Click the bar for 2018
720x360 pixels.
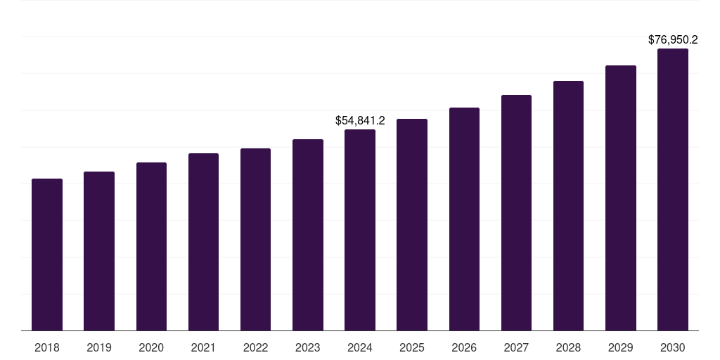[x=47, y=255]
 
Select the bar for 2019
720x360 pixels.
[x=99, y=251]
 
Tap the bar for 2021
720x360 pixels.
[x=203, y=242]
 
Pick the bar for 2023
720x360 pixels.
[x=308, y=235]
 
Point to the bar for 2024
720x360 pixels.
[x=360, y=230]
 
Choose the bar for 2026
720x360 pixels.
[x=464, y=219]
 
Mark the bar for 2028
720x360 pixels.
[x=568, y=205]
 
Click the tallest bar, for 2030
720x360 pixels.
[x=673, y=189]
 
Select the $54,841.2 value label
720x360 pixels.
[x=360, y=121]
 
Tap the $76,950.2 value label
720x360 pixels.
[x=673, y=40]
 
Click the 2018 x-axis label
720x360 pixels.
[x=47, y=347]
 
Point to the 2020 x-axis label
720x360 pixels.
[x=151, y=347]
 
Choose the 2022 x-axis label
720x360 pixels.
[x=255, y=347]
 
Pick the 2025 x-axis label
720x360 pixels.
[x=412, y=347]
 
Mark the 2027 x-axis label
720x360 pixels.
[x=516, y=347]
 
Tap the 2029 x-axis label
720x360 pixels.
[x=621, y=347]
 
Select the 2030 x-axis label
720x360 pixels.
[x=673, y=347]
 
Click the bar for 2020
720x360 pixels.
[x=151, y=246]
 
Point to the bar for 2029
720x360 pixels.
[x=621, y=198]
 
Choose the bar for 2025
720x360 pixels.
[x=412, y=224]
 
